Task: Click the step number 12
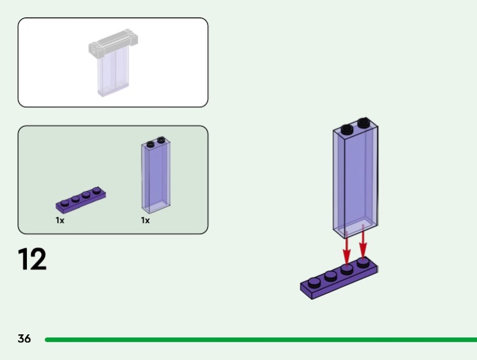[x=32, y=259]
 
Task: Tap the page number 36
[x=24, y=339]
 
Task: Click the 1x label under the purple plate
[x=60, y=221]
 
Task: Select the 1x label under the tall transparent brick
[x=145, y=221]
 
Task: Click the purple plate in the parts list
[x=80, y=201]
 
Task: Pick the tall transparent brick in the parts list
[x=156, y=178]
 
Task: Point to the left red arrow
[x=346, y=247]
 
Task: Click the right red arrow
[x=363, y=246]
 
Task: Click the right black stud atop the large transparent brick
[x=362, y=124]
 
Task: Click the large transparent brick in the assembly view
[x=355, y=179]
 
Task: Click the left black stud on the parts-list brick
[x=150, y=143]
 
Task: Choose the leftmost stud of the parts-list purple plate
[x=64, y=203]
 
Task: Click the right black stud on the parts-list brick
[x=160, y=141]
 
